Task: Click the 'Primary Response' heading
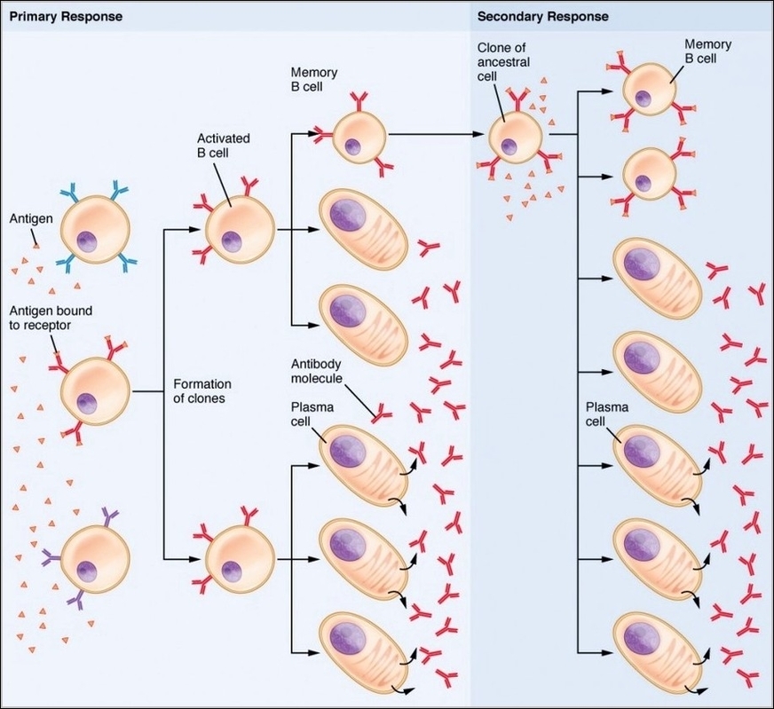pos(66,17)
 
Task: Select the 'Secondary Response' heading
pos(543,17)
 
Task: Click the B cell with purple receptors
pos(93,557)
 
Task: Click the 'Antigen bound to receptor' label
pos(51,319)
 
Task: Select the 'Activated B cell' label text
pos(223,146)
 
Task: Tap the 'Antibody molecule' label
pos(318,372)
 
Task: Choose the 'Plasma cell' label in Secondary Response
pos(607,414)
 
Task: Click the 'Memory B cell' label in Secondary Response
pos(707,51)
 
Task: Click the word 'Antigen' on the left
pos(30,217)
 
